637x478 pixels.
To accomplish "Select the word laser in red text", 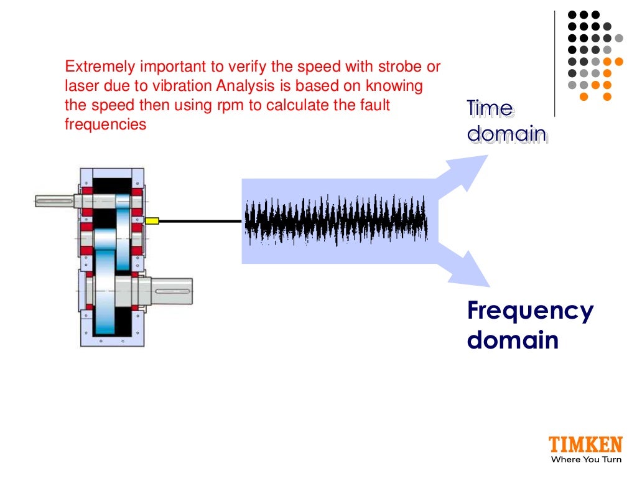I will [x=79, y=86].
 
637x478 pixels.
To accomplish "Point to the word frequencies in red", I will [x=105, y=124].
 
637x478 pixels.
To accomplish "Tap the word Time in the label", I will [x=490, y=110].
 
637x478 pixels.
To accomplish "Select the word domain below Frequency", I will [x=513, y=340].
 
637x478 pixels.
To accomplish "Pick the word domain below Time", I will [x=507, y=134].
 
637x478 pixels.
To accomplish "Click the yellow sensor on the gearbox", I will [x=151, y=220].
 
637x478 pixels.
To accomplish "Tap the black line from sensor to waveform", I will [x=199, y=220].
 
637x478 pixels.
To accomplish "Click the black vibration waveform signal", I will [x=336, y=221].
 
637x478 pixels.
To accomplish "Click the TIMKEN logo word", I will [x=585, y=445].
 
